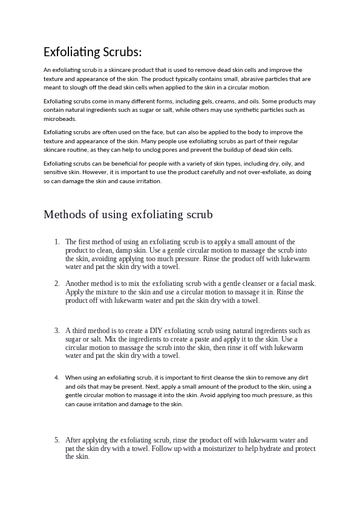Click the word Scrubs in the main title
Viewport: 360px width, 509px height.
121,52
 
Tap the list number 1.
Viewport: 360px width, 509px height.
56,242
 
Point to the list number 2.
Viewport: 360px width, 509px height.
56,284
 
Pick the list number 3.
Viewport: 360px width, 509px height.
56,331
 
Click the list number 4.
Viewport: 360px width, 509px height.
56,377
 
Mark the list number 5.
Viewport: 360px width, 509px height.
56,440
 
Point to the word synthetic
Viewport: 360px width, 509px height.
261,110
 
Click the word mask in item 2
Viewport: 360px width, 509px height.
306,284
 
